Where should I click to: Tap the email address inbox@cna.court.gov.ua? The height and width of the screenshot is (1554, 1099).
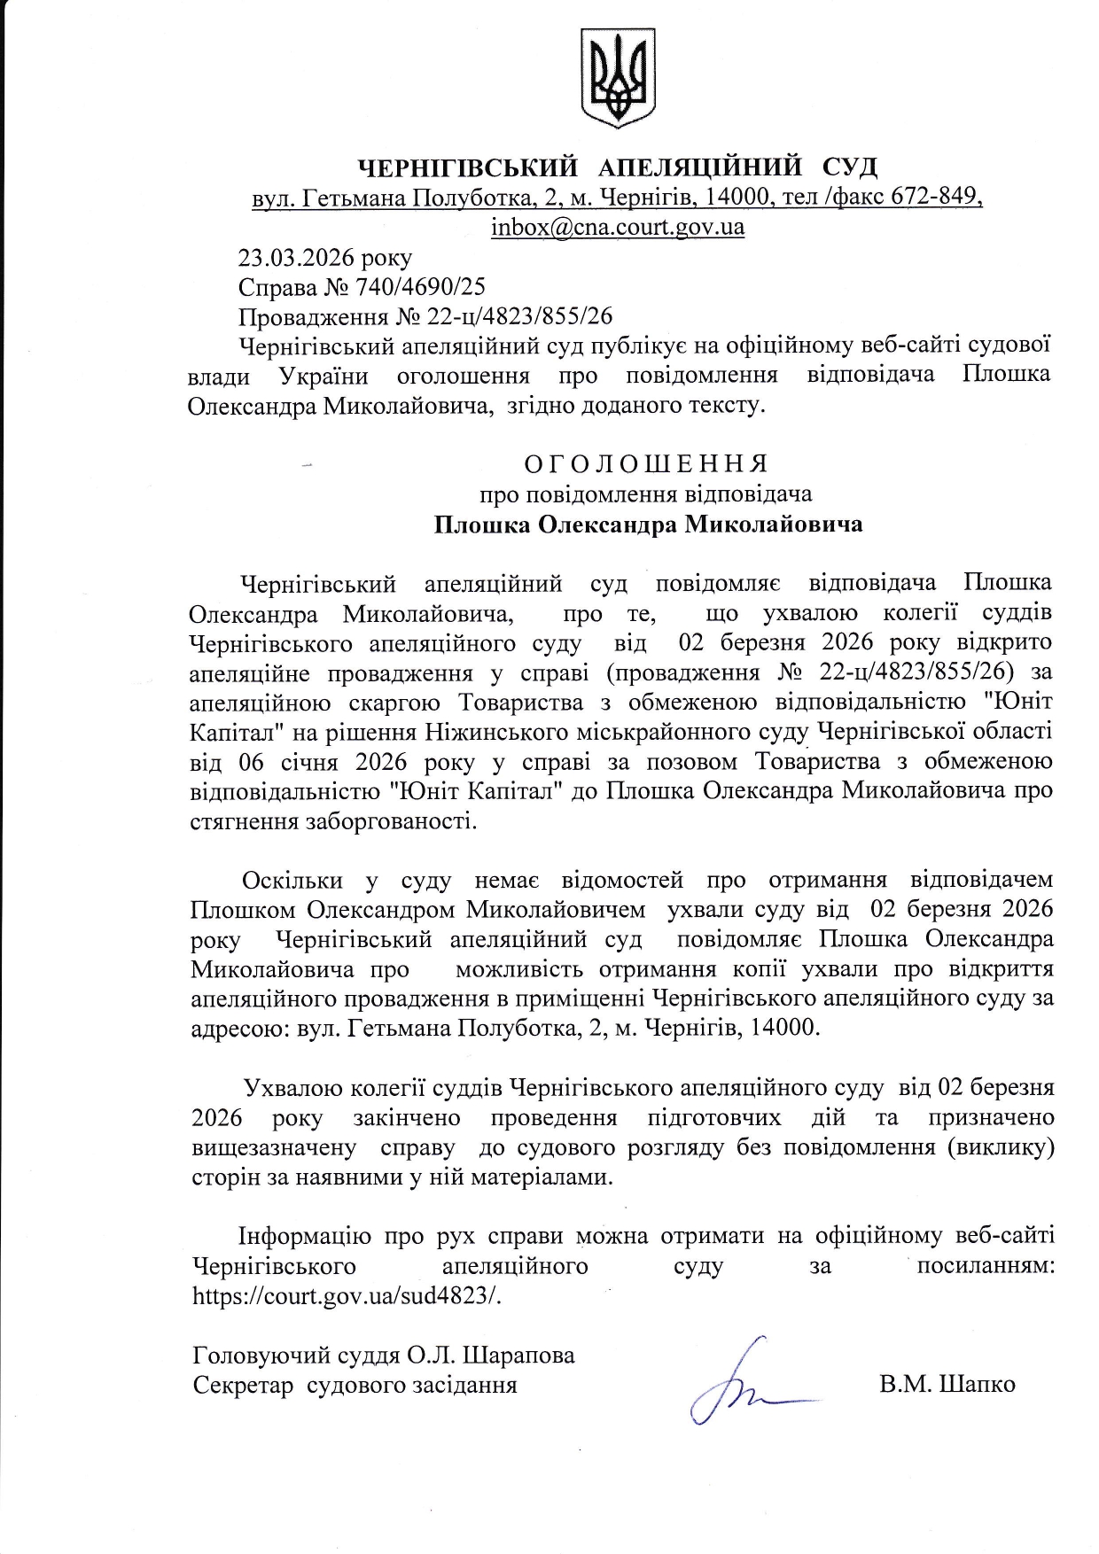(x=618, y=227)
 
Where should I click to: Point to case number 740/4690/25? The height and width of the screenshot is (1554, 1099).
(x=419, y=287)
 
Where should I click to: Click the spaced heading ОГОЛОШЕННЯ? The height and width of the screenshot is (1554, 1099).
(x=646, y=463)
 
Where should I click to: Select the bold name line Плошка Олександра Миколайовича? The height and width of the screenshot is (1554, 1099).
(x=648, y=524)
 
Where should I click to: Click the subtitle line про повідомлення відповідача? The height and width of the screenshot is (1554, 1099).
(x=646, y=493)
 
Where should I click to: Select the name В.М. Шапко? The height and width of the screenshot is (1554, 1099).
(x=947, y=1384)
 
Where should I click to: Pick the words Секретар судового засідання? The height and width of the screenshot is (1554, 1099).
(x=355, y=1384)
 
